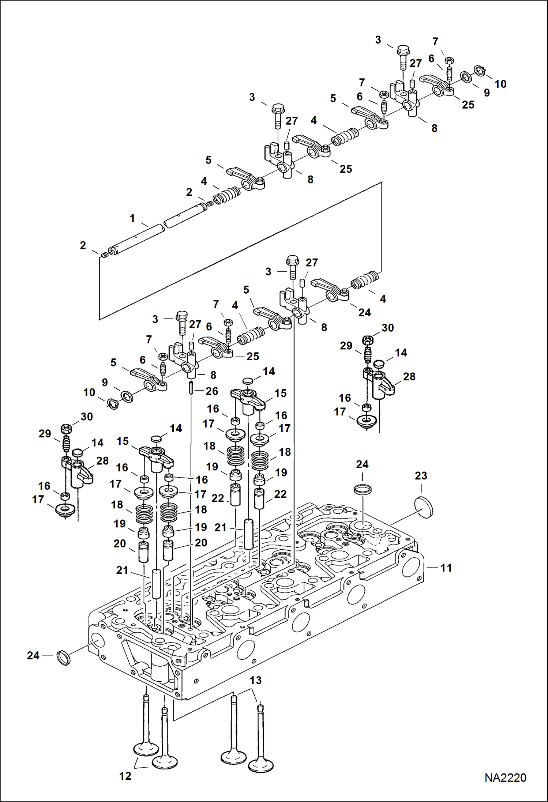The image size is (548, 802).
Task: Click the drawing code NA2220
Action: [x=505, y=777]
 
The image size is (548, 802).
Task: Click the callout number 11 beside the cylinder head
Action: [x=446, y=568]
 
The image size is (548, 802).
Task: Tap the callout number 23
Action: [x=421, y=476]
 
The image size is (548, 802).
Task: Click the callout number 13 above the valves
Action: [x=255, y=681]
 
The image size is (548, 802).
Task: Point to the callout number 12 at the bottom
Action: [x=125, y=776]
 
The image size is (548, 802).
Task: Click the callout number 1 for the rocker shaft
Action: [x=132, y=218]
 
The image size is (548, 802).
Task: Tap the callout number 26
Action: [x=212, y=391]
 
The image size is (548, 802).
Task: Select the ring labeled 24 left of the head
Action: [x=64, y=658]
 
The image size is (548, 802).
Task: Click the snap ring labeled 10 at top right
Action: [x=480, y=70]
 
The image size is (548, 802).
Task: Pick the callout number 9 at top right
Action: [x=487, y=93]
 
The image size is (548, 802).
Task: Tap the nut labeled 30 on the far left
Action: [x=66, y=428]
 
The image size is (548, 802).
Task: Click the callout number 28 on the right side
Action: [x=409, y=377]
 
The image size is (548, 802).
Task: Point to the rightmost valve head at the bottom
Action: [x=261, y=765]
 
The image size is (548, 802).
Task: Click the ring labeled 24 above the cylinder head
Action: [x=363, y=489]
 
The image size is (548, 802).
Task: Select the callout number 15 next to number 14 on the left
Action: [x=123, y=441]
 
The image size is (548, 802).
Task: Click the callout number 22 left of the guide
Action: [x=218, y=498]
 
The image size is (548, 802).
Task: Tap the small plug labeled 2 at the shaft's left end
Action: [x=104, y=255]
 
